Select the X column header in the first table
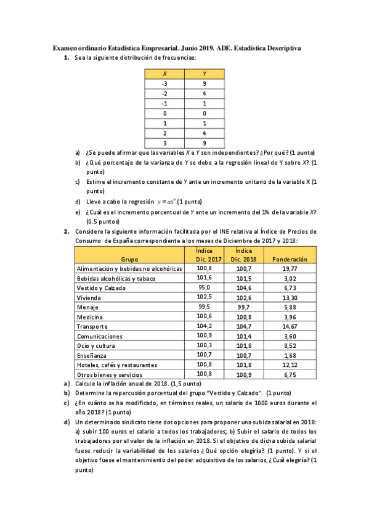(164, 74)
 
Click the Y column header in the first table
(204, 74)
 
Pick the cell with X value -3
(164, 83)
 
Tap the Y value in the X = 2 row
(204, 133)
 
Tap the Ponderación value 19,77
(290, 269)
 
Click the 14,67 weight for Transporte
(290, 326)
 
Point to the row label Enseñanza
(93, 355)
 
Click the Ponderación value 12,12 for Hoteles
(290, 364)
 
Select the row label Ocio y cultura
(98, 345)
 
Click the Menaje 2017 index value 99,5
(204, 307)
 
